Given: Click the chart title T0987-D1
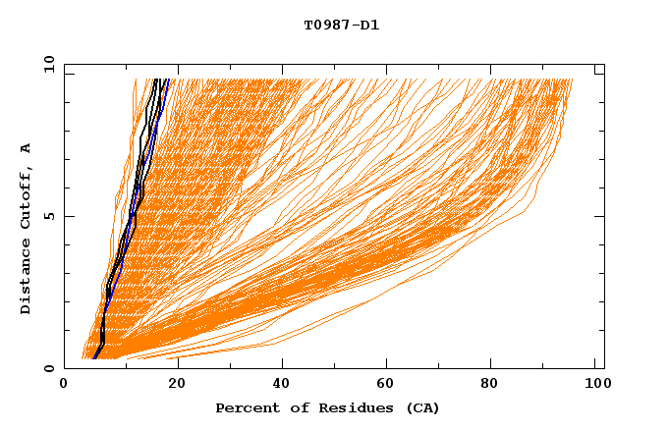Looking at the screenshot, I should pyautogui.click(x=341, y=26).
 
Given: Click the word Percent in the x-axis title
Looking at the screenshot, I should pyautogui.click(x=244, y=407).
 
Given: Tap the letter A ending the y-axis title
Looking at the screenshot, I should pyautogui.click(x=27, y=148).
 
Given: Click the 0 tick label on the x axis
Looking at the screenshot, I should pyautogui.click(x=65, y=385).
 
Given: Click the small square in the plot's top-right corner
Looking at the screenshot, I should pyautogui.click(x=599, y=70).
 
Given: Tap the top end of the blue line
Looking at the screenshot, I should pyautogui.click(x=168, y=80).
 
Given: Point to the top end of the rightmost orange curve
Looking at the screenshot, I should pyautogui.click(x=572, y=80).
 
